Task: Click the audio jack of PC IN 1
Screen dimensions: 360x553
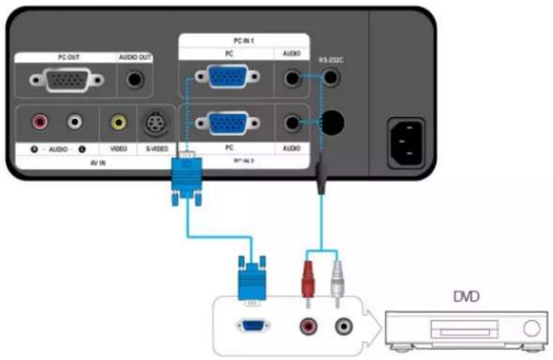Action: pos(291,77)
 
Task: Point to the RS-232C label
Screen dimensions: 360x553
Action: pos(330,61)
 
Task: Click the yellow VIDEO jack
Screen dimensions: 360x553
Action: pos(118,123)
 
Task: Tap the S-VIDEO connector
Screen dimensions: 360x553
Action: pos(154,124)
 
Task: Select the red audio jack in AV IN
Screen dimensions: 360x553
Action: pos(39,123)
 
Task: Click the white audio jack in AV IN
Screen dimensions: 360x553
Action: pos(74,123)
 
